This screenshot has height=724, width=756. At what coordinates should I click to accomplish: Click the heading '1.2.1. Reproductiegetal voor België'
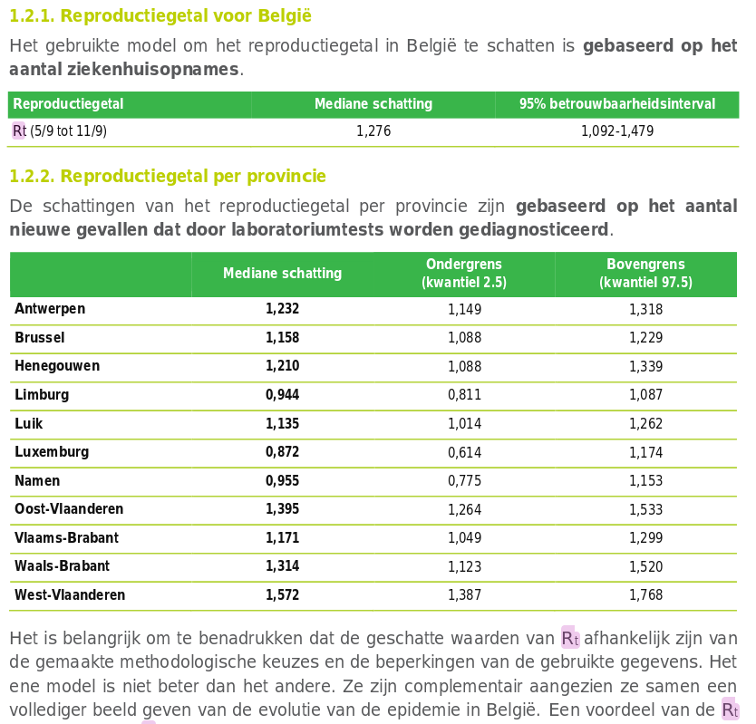pos(160,15)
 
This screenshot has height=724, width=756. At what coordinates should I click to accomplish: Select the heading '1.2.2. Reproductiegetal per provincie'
pos(168,176)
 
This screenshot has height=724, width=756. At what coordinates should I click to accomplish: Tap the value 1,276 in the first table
pos(373,131)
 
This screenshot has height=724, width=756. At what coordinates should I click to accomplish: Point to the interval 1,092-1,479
pos(617,131)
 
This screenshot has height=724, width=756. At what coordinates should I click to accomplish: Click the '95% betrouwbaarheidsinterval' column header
pos(617,104)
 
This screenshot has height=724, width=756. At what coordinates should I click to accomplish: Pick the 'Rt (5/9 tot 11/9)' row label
pos(60,131)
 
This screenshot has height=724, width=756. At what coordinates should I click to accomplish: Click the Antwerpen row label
pos(50,309)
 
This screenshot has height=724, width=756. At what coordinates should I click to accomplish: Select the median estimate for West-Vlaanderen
pos(283,595)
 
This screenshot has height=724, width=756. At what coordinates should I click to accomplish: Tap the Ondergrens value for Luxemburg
pos(465,452)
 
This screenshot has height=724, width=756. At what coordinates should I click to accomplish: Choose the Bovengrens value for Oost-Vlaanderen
pos(646,509)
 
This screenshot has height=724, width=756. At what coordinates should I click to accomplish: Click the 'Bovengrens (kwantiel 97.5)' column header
pos(646,274)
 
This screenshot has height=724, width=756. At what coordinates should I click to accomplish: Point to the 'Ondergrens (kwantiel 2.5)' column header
pos(464,274)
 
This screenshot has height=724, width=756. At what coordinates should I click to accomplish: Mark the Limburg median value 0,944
pos(283,395)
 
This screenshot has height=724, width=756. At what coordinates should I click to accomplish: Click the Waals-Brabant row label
pos(62,566)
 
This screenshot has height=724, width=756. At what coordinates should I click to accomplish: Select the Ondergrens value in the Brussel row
pos(465,338)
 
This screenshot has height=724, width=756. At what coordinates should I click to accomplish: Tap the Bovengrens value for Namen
pos(646,481)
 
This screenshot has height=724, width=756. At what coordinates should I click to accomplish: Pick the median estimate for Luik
pos(283,424)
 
